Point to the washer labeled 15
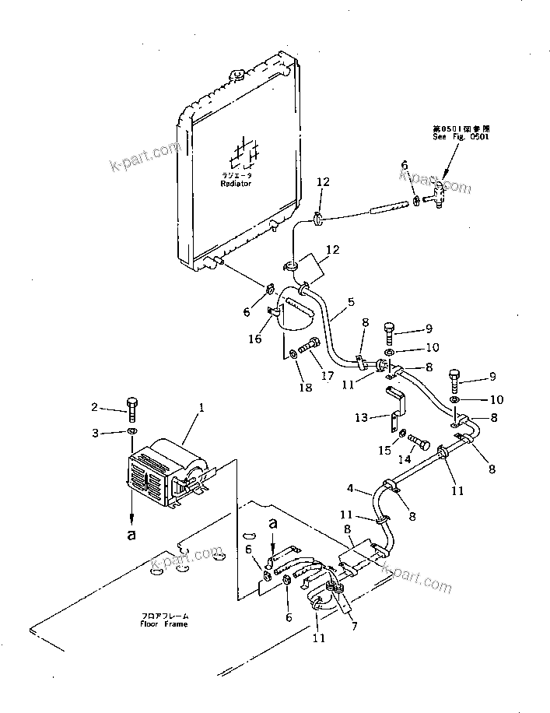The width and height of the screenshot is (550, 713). pyautogui.click(x=395, y=435)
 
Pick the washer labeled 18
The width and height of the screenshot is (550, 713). pyautogui.click(x=293, y=354)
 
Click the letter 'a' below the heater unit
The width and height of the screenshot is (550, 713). pyautogui.click(x=132, y=535)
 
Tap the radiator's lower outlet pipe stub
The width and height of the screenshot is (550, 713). pyautogui.click(x=220, y=264)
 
